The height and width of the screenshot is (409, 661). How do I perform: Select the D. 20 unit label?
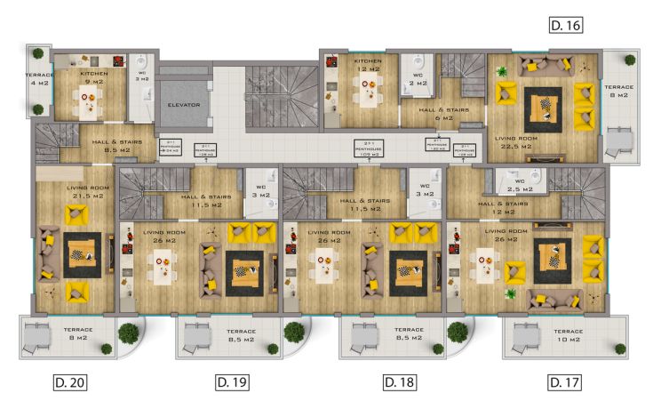coord(70,382)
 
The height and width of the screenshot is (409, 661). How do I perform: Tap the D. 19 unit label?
coord(232,382)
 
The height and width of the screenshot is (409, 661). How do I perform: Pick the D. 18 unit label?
coord(400,382)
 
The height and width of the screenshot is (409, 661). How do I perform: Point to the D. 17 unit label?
coord(565,382)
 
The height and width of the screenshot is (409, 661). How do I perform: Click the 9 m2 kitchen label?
coord(93,78)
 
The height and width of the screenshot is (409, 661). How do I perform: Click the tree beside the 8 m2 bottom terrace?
coord(129,333)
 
